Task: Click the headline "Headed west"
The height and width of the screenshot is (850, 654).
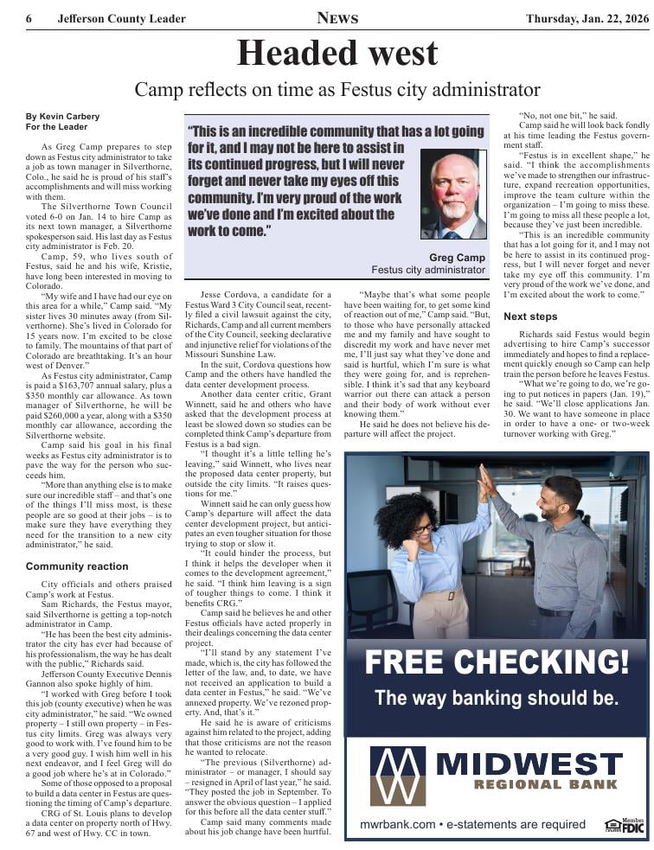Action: (337, 54)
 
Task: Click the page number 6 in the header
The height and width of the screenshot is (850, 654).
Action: (29, 19)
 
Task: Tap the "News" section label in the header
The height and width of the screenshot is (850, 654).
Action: (337, 18)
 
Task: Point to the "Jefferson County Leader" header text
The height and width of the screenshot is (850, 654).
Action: (121, 19)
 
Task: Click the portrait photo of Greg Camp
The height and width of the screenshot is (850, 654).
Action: (453, 195)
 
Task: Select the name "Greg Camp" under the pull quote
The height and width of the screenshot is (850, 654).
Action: (457, 258)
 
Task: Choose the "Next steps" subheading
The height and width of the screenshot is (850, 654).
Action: (530, 316)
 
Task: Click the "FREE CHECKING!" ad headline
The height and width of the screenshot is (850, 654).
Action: (497, 662)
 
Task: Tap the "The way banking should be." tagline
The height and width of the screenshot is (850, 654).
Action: (497, 698)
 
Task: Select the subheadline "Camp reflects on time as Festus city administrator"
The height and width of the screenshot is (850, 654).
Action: (337, 90)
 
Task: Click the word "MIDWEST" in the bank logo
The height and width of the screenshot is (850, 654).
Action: (529, 764)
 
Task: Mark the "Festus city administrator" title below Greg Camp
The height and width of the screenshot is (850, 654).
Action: (428, 270)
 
